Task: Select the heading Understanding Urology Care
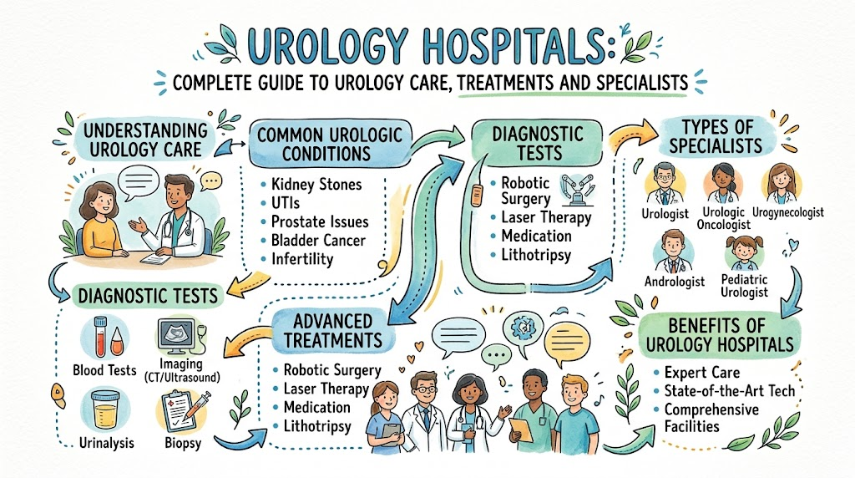click(x=145, y=140)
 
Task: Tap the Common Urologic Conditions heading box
click(x=330, y=144)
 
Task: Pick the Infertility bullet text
click(x=302, y=259)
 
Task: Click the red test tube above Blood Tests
click(x=101, y=336)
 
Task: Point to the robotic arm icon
click(x=576, y=190)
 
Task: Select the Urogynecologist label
click(x=788, y=212)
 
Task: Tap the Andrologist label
click(x=675, y=282)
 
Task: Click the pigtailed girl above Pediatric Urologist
click(x=744, y=252)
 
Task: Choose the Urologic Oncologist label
click(x=724, y=218)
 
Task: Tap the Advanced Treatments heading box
click(x=332, y=331)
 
